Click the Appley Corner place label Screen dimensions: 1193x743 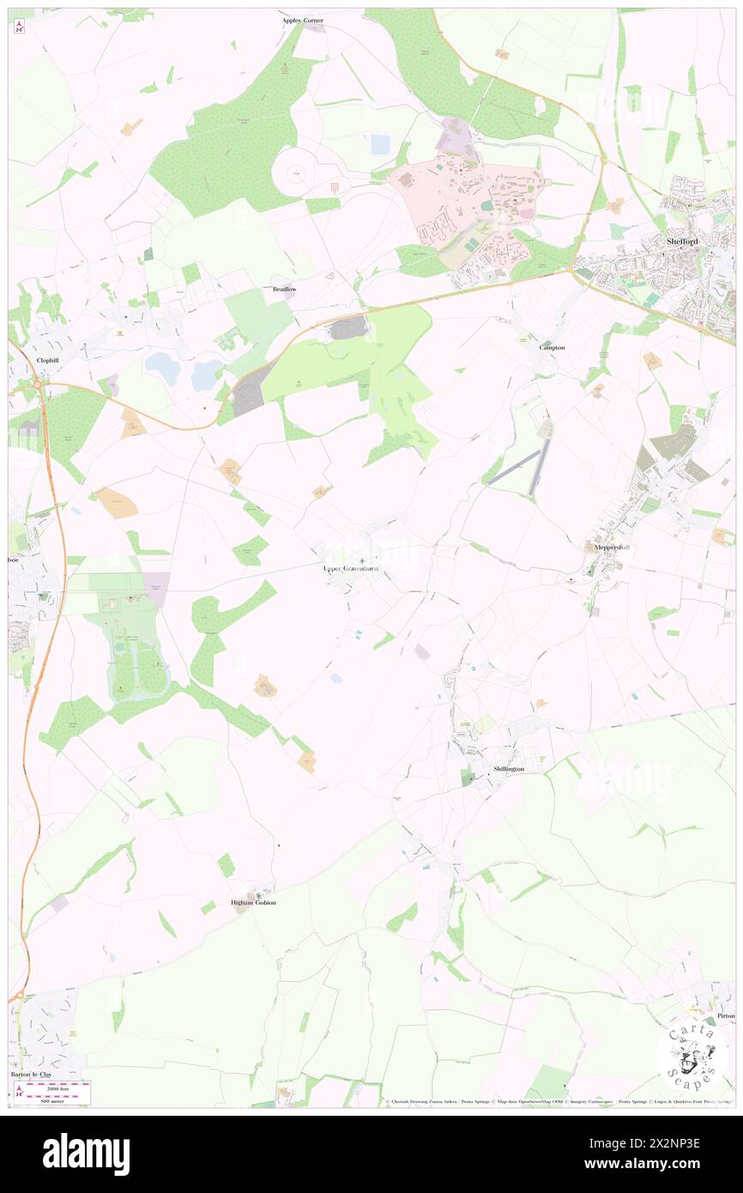(303, 20)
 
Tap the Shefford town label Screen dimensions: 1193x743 (682, 242)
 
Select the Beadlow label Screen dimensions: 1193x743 (284, 289)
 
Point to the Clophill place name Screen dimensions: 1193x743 (52, 360)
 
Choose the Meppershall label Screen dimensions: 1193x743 (613, 547)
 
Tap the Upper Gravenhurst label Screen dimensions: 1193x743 (350, 568)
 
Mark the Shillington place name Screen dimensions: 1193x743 (509, 769)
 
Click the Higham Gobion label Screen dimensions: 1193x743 (254, 903)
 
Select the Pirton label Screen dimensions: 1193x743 (726, 1015)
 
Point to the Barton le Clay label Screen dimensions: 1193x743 (33, 1074)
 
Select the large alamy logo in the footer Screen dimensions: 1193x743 (86, 1154)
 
